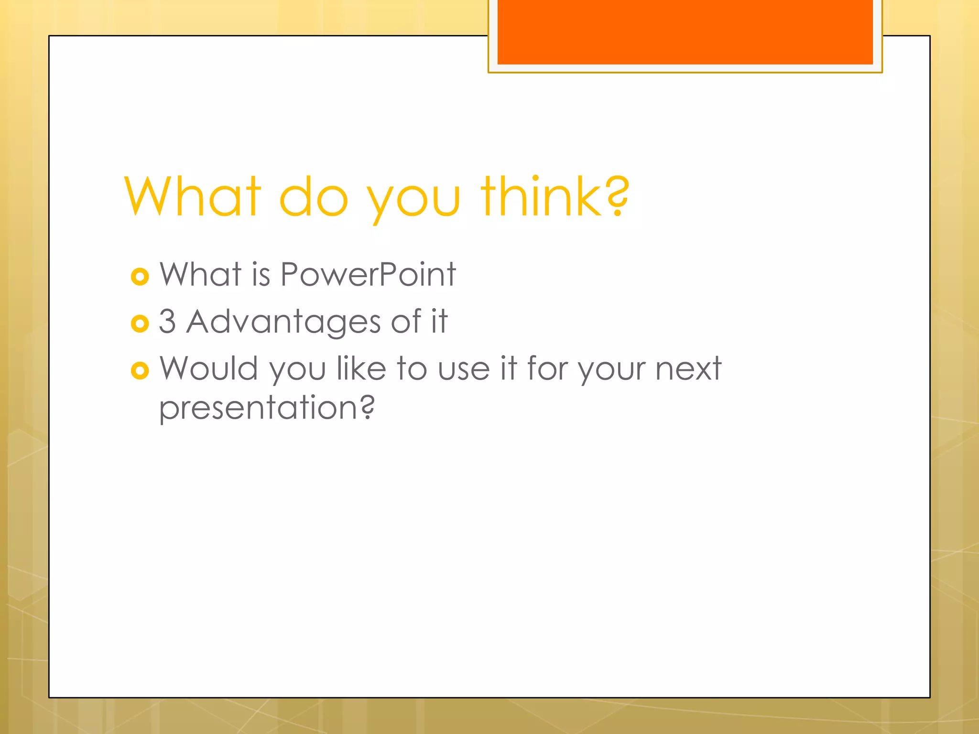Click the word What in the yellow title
pyautogui.click(x=193, y=197)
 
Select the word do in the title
pyautogui.click(x=313, y=197)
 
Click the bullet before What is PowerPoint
pyautogui.click(x=140, y=277)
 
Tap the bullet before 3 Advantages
pyautogui.click(x=140, y=324)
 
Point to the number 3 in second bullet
pyautogui.click(x=167, y=322)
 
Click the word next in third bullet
pyautogui.click(x=688, y=369)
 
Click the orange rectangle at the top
pyautogui.click(x=685, y=32)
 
